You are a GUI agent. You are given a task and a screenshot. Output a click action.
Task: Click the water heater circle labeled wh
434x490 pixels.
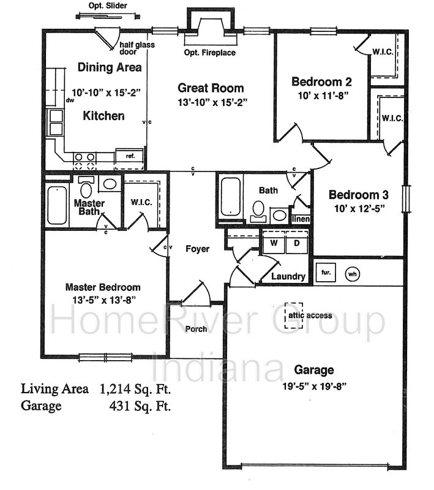click(x=352, y=274)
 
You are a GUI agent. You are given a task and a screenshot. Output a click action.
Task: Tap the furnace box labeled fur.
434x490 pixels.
click(x=326, y=273)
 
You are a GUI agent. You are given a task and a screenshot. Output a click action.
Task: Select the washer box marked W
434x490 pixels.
click(x=274, y=243)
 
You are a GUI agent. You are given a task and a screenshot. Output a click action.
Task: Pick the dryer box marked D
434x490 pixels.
click(x=297, y=243)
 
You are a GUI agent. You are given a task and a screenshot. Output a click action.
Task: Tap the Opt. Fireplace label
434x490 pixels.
click(x=210, y=53)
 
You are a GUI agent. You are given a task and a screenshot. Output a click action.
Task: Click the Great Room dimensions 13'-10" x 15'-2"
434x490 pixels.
click(x=212, y=102)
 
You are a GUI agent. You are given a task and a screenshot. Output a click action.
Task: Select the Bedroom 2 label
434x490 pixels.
click(x=321, y=81)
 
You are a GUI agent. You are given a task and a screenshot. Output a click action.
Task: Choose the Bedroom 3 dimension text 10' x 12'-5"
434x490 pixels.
click(x=359, y=208)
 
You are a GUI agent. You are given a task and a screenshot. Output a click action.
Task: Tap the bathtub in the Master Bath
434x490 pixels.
click(x=57, y=205)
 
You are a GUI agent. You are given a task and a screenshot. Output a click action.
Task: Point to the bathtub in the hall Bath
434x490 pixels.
click(x=230, y=197)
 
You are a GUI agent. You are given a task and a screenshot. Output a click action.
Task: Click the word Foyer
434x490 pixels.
click(x=197, y=249)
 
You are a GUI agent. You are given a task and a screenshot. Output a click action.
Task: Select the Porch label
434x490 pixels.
click(x=196, y=329)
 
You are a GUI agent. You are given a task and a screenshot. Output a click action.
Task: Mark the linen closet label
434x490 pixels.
click(x=301, y=219)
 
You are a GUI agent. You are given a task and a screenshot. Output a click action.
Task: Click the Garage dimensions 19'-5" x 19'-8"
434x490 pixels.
click(x=315, y=386)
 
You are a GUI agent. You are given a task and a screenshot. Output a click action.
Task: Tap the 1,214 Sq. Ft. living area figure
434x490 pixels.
click(x=135, y=389)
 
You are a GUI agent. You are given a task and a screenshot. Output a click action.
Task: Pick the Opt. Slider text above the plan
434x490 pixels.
click(x=108, y=6)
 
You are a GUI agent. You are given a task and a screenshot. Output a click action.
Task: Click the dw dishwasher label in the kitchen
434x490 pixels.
click(x=70, y=100)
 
